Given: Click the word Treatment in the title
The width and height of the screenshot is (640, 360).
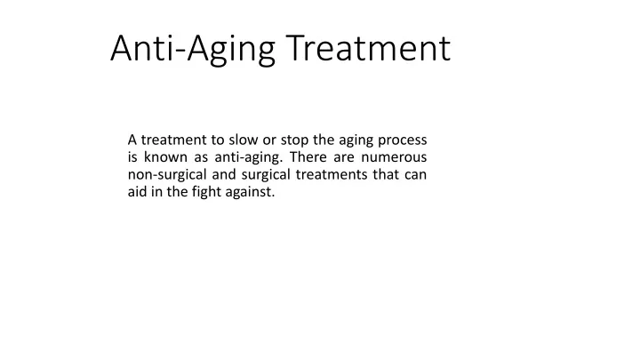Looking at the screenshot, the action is tap(368, 48).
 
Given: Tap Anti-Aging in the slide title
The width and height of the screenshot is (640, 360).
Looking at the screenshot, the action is tap(193, 50).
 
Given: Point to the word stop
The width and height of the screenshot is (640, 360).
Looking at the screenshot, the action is tap(294, 140).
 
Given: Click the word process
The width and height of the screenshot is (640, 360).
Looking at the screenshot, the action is tap(403, 141).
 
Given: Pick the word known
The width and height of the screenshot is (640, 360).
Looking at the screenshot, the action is tap(165, 157).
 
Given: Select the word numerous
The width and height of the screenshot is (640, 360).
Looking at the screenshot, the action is tap(394, 158).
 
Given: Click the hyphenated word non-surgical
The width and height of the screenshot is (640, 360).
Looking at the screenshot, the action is tap(167, 175).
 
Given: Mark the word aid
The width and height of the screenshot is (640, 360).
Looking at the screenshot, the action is tap(137, 192).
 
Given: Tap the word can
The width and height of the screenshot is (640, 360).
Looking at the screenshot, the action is tap(416, 175).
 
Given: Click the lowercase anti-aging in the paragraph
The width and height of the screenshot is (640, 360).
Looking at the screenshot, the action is tap(249, 158).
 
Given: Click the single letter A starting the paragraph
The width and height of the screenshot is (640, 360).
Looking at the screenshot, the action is tap(132, 140).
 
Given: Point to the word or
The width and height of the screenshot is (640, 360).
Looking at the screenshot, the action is tap(269, 141).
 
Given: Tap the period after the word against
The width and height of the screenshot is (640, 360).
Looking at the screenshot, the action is tap(273, 196).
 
